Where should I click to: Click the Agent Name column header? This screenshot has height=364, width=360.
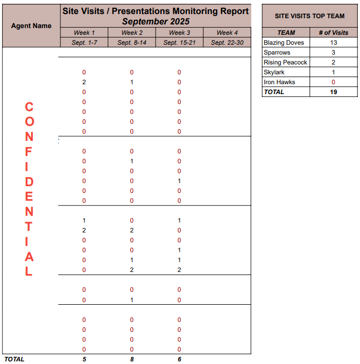[x=31, y=25]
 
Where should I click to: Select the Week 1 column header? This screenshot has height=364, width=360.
[x=84, y=33]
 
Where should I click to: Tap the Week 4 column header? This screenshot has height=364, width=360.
[x=227, y=33]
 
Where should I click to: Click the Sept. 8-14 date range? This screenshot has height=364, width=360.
[x=132, y=43]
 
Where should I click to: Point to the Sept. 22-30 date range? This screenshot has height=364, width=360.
[x=227, y=43]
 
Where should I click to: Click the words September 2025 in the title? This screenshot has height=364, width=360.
[x=156, y=21]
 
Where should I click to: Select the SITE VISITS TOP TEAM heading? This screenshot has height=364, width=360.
[x=310, y=16]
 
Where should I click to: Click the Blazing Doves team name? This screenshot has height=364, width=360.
[x=284, y=43]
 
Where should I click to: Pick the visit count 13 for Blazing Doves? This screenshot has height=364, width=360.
[x=333, y=43]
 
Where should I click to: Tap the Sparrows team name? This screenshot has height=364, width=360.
[x=277, y=53]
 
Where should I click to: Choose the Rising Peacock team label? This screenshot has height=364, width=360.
[x=285, y=62]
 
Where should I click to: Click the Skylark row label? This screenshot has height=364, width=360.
[x=274, y=72]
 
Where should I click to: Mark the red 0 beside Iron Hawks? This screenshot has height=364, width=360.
[x=333, y=82]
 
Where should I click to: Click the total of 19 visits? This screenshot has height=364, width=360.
[x=333, y=92]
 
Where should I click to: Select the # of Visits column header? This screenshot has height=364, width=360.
[x=333, y=33]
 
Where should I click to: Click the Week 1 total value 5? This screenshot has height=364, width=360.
[x=84, y=359]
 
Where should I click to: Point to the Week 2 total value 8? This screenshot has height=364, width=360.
[x=132, y=359]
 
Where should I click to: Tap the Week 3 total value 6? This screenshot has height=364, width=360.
[x=179, y=359]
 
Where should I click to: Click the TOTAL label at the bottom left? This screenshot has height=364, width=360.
[x=15, y=359]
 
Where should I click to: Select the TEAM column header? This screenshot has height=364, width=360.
[x=286, y=33]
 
